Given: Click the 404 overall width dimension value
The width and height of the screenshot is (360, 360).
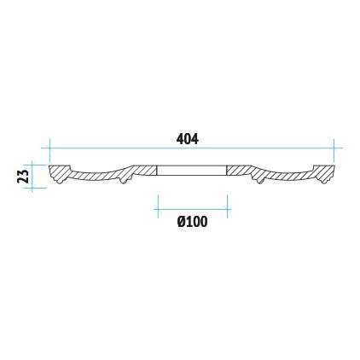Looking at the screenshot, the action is (187, 139).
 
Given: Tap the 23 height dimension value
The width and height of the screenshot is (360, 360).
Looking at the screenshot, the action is (23, 176).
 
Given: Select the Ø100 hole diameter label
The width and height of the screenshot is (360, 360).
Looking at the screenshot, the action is (192, 222).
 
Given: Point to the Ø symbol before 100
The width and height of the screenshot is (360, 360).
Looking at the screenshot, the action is (182, 222).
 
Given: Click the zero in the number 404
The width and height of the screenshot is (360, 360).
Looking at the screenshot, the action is (187, 139).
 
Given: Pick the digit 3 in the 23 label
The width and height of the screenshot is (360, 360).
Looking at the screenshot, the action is (23, 172).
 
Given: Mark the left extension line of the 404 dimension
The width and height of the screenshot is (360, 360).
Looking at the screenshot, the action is (49, 151).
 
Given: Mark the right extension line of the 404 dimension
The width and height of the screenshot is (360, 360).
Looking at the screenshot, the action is (334, 151).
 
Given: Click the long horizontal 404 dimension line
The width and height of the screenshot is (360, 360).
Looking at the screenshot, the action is (192, 148).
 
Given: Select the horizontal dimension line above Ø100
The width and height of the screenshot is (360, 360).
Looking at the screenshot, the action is (193, 209).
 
